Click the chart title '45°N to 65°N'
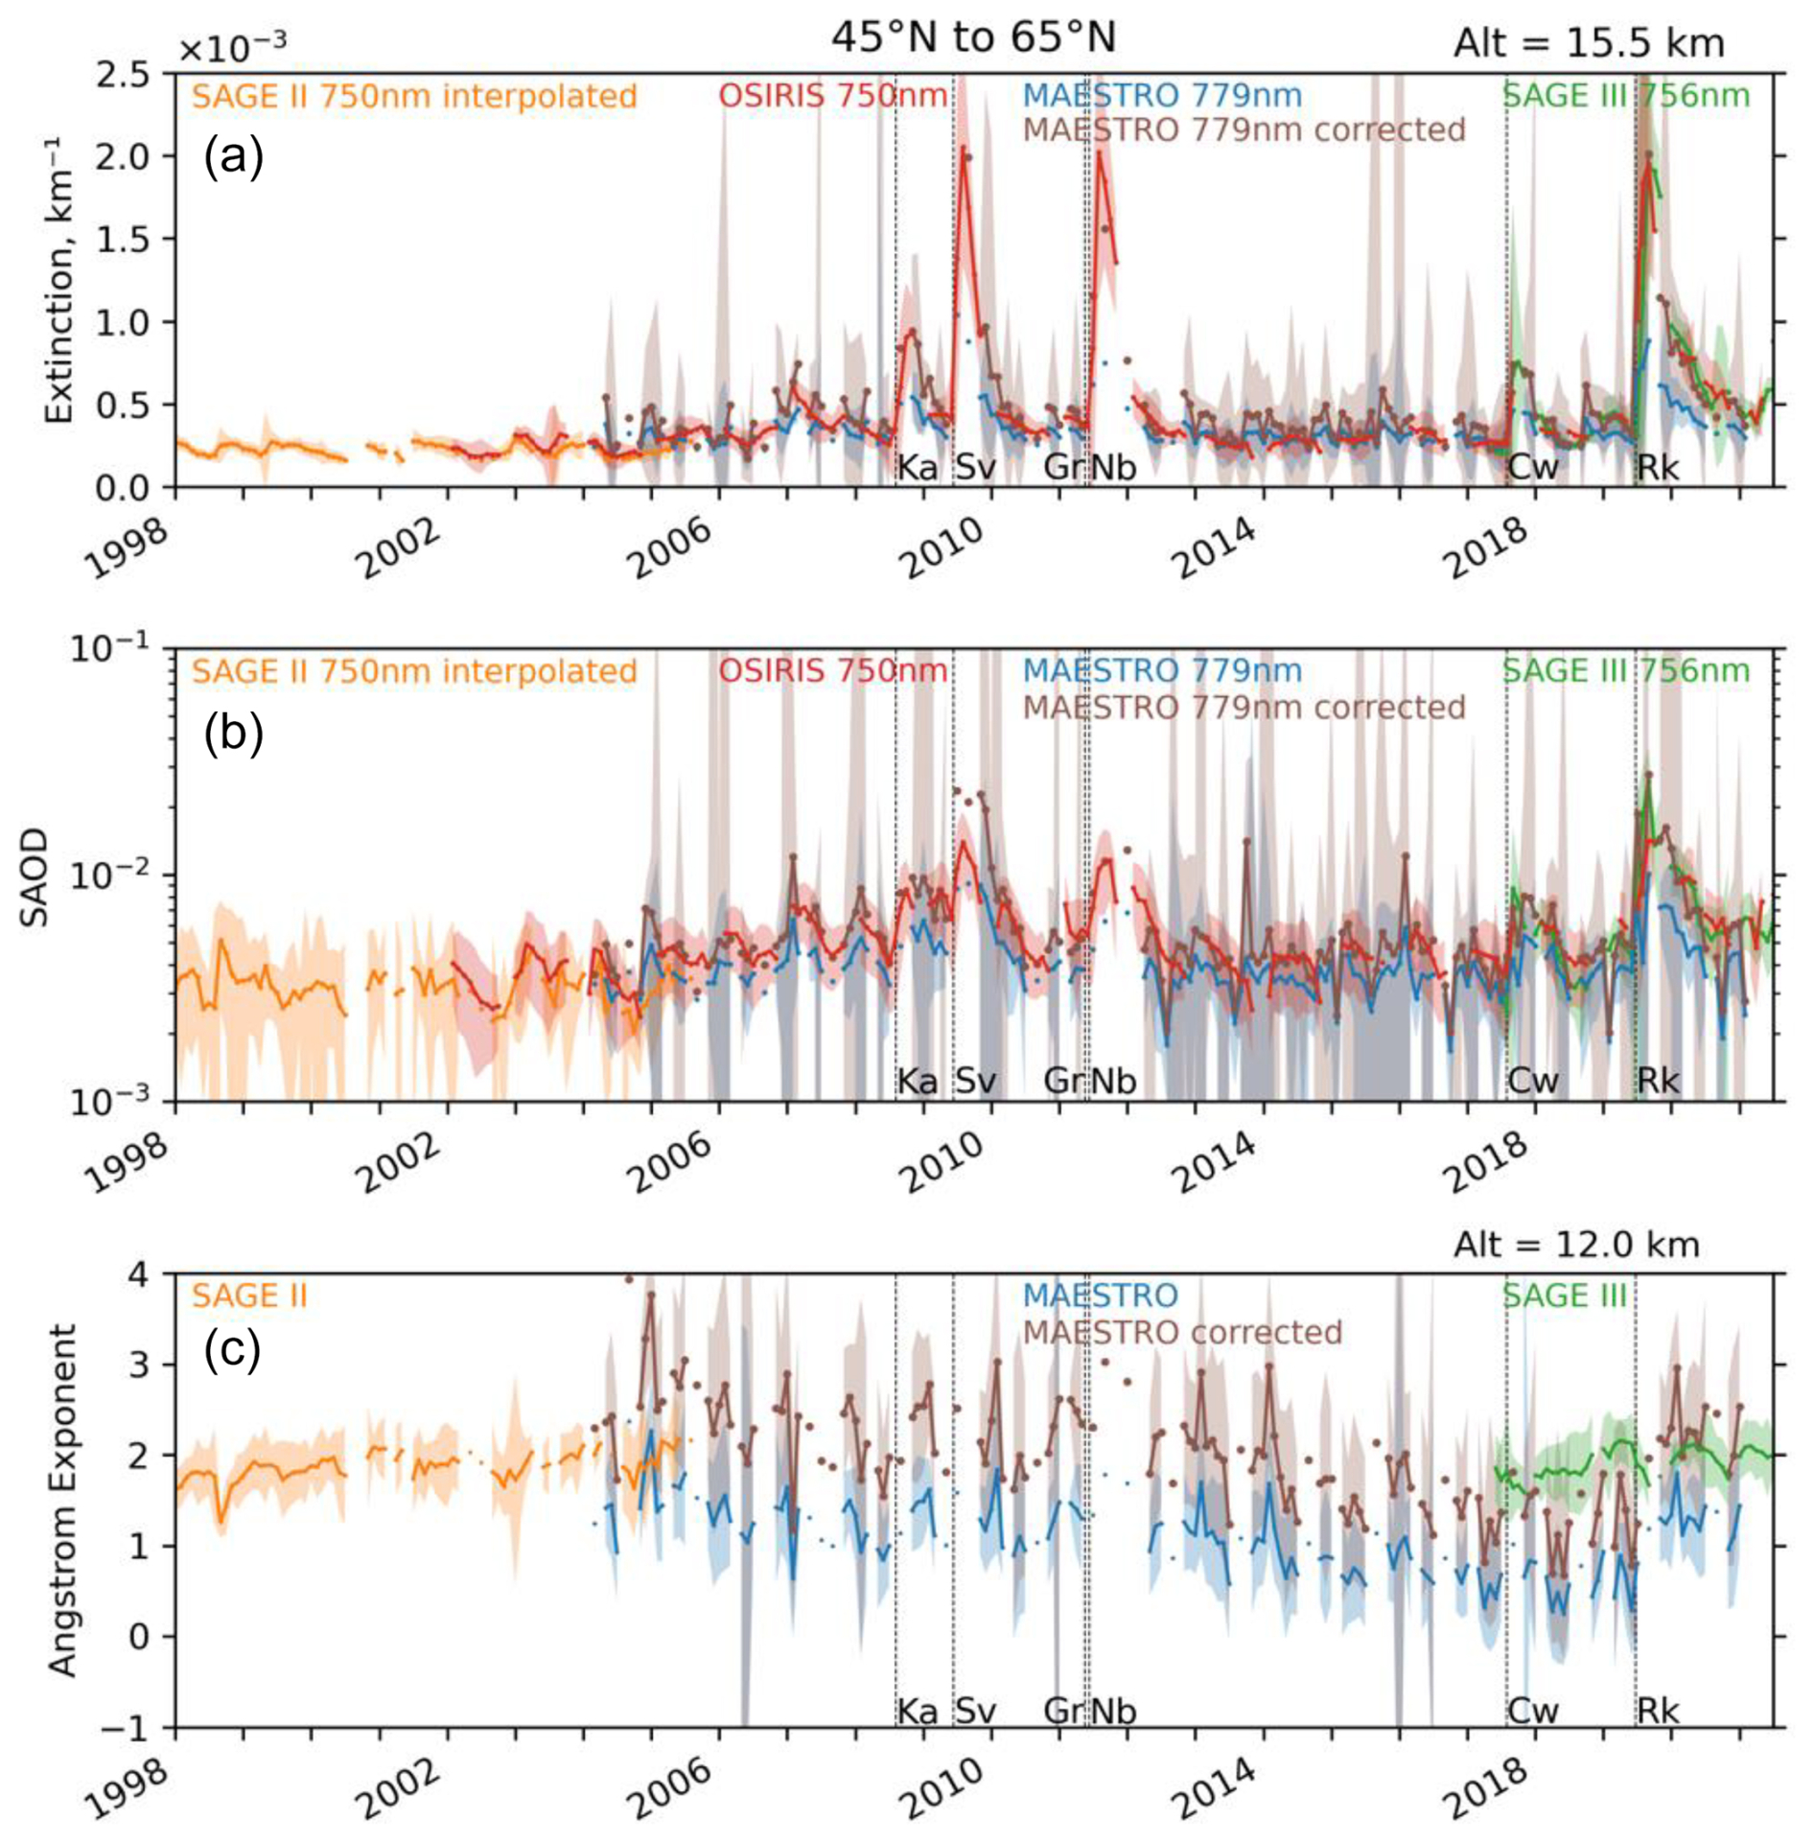click(x=972, y=38)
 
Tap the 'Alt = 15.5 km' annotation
click(x=1589, y=43)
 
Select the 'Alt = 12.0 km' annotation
click(x=1575, y=1246)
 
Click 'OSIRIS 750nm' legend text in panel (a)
click(x=832, y=96)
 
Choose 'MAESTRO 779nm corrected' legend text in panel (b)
click(x=1244, y=708)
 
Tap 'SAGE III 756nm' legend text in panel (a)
click(x=1625, y=96)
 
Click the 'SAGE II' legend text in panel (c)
click(x=249, y=1296)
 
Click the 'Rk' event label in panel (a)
click(x=1658, y=468)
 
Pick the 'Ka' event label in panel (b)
click(x=918, y=1082)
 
